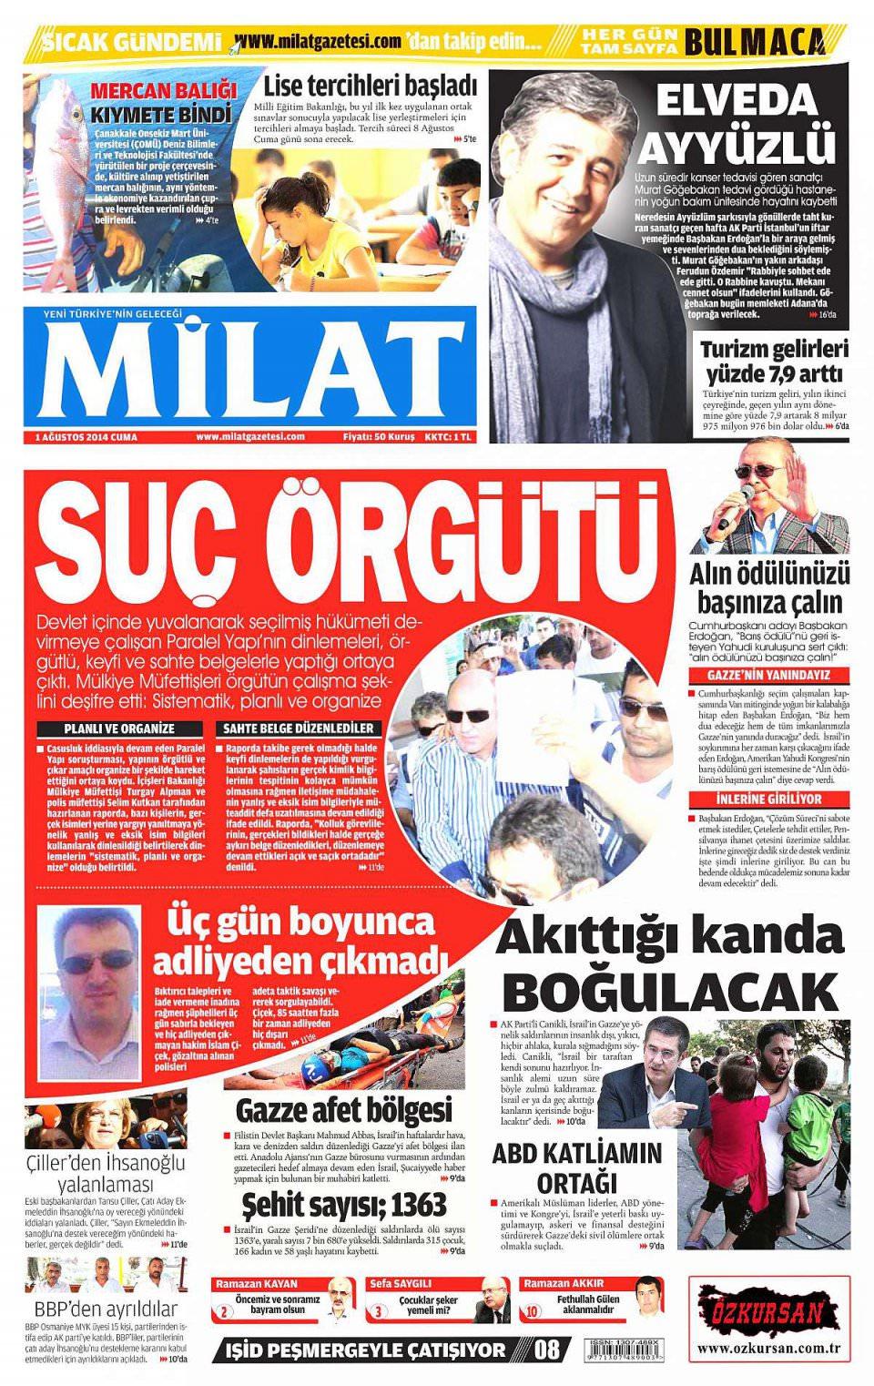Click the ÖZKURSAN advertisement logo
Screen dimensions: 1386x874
pos(770,1312)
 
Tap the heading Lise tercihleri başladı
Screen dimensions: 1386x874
pos(371,87)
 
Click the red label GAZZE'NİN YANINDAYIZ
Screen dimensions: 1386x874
pos(768,676)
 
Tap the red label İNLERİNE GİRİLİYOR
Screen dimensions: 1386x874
pos(768,799)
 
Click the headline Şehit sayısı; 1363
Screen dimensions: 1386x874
pos(344,1204)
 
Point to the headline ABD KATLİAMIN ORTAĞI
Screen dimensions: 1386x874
pos(577,1167)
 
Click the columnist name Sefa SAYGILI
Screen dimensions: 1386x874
pos(401,1284)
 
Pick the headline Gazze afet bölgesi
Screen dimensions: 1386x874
pos(343,1110)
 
